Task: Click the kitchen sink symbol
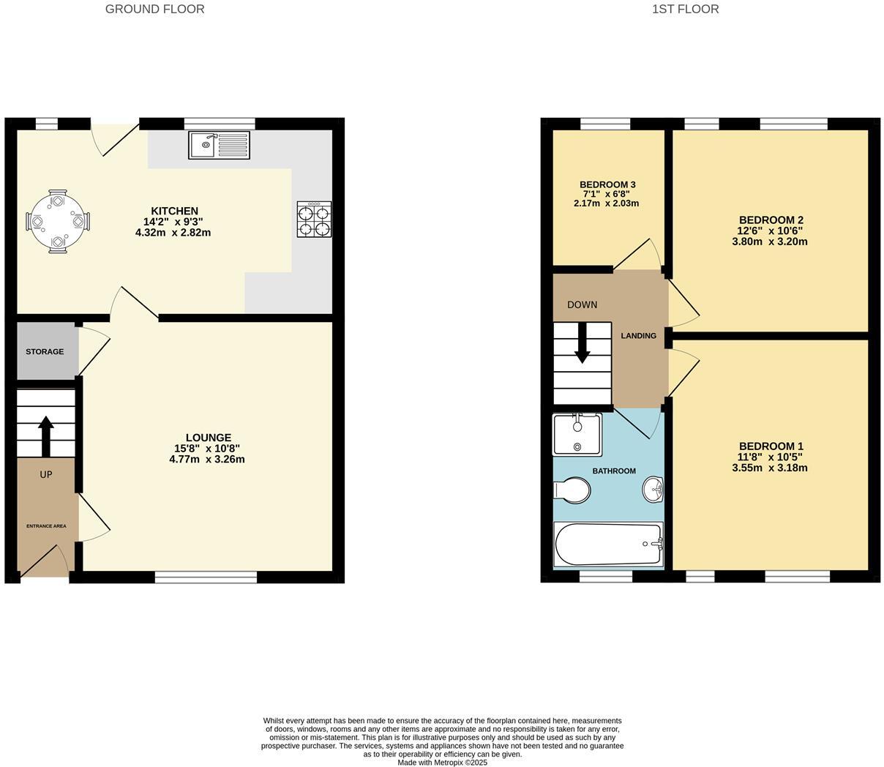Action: tap(219, 145)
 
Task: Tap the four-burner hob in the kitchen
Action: tap(314, 219)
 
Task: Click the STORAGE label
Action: tap(45, 352)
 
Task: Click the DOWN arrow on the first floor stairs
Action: tap(582, 343)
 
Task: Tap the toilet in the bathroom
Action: tap(573, 490)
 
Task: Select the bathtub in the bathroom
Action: tap(608, 545)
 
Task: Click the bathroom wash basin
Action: tap(653, 489)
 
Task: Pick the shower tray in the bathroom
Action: tap(577, 435)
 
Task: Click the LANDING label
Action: tap(638, 336)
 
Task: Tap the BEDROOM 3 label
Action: tap(607, 184)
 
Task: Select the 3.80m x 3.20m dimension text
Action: tap(770, 242)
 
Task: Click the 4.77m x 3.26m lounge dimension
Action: tap(207, 460)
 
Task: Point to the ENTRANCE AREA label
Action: tap(46, 526)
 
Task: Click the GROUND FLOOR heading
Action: tap(154, 10)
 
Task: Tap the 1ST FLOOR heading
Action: tap(685, 10)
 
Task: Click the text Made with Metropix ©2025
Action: tap(442, 763)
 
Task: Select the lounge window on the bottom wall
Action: tap(206, 577)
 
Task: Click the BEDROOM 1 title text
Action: tap(771, 446)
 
